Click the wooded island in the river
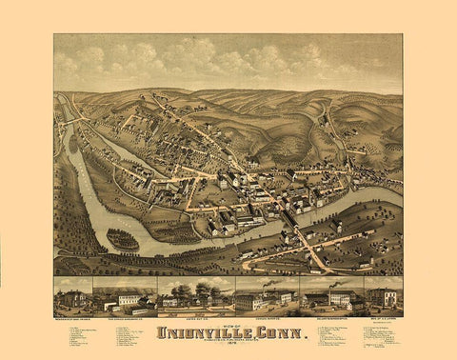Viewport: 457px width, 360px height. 123,238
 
